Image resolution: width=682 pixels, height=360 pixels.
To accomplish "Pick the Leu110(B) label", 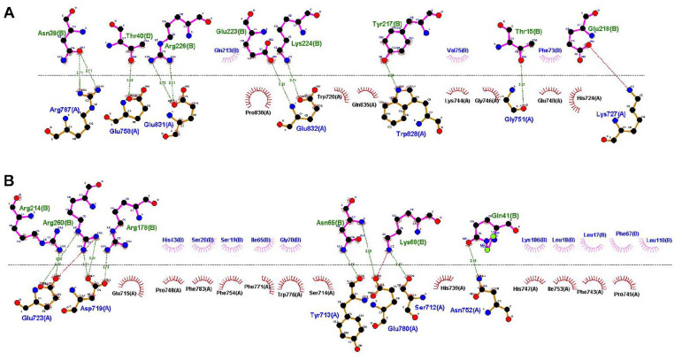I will coord(660,240).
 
